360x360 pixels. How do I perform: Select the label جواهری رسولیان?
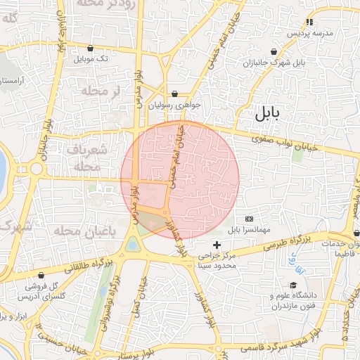point(176,105)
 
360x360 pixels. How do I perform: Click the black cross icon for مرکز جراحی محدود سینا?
point(217,245)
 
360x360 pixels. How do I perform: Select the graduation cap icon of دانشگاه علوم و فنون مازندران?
point(274,296)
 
